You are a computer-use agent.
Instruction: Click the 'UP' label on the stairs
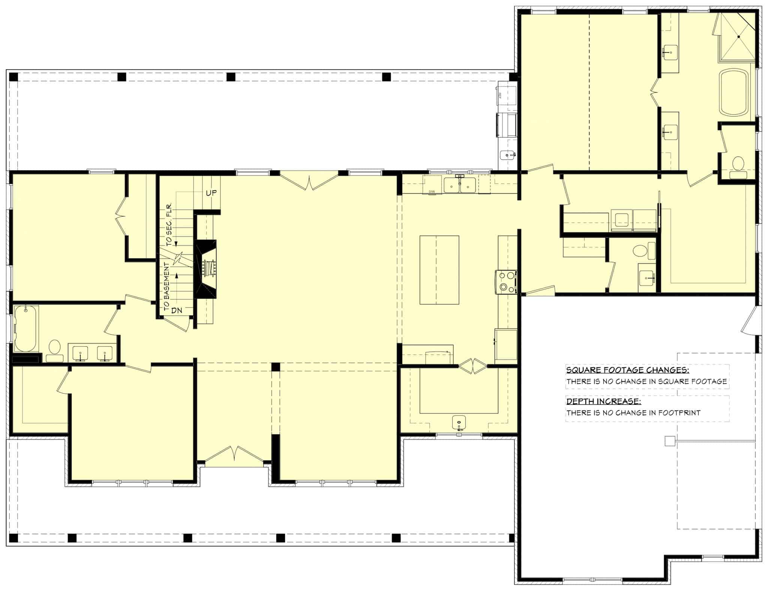(x=211, y=193)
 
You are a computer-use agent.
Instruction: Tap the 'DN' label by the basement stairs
(x=177, y=311)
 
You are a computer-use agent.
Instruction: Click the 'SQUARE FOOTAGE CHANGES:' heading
(x=627, y=370)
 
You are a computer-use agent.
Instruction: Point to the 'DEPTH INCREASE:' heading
(x=603, y=402)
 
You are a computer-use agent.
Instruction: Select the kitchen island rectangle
(x=439, y=270)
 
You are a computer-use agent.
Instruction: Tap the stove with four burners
(x=506, y=281)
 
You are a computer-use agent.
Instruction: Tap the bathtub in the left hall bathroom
(x=25, y=328)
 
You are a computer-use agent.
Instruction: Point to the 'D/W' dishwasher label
(x=431, y=192)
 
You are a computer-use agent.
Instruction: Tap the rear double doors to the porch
(x=309, y=182)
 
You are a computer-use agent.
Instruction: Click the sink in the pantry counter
(x=459, y=422)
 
